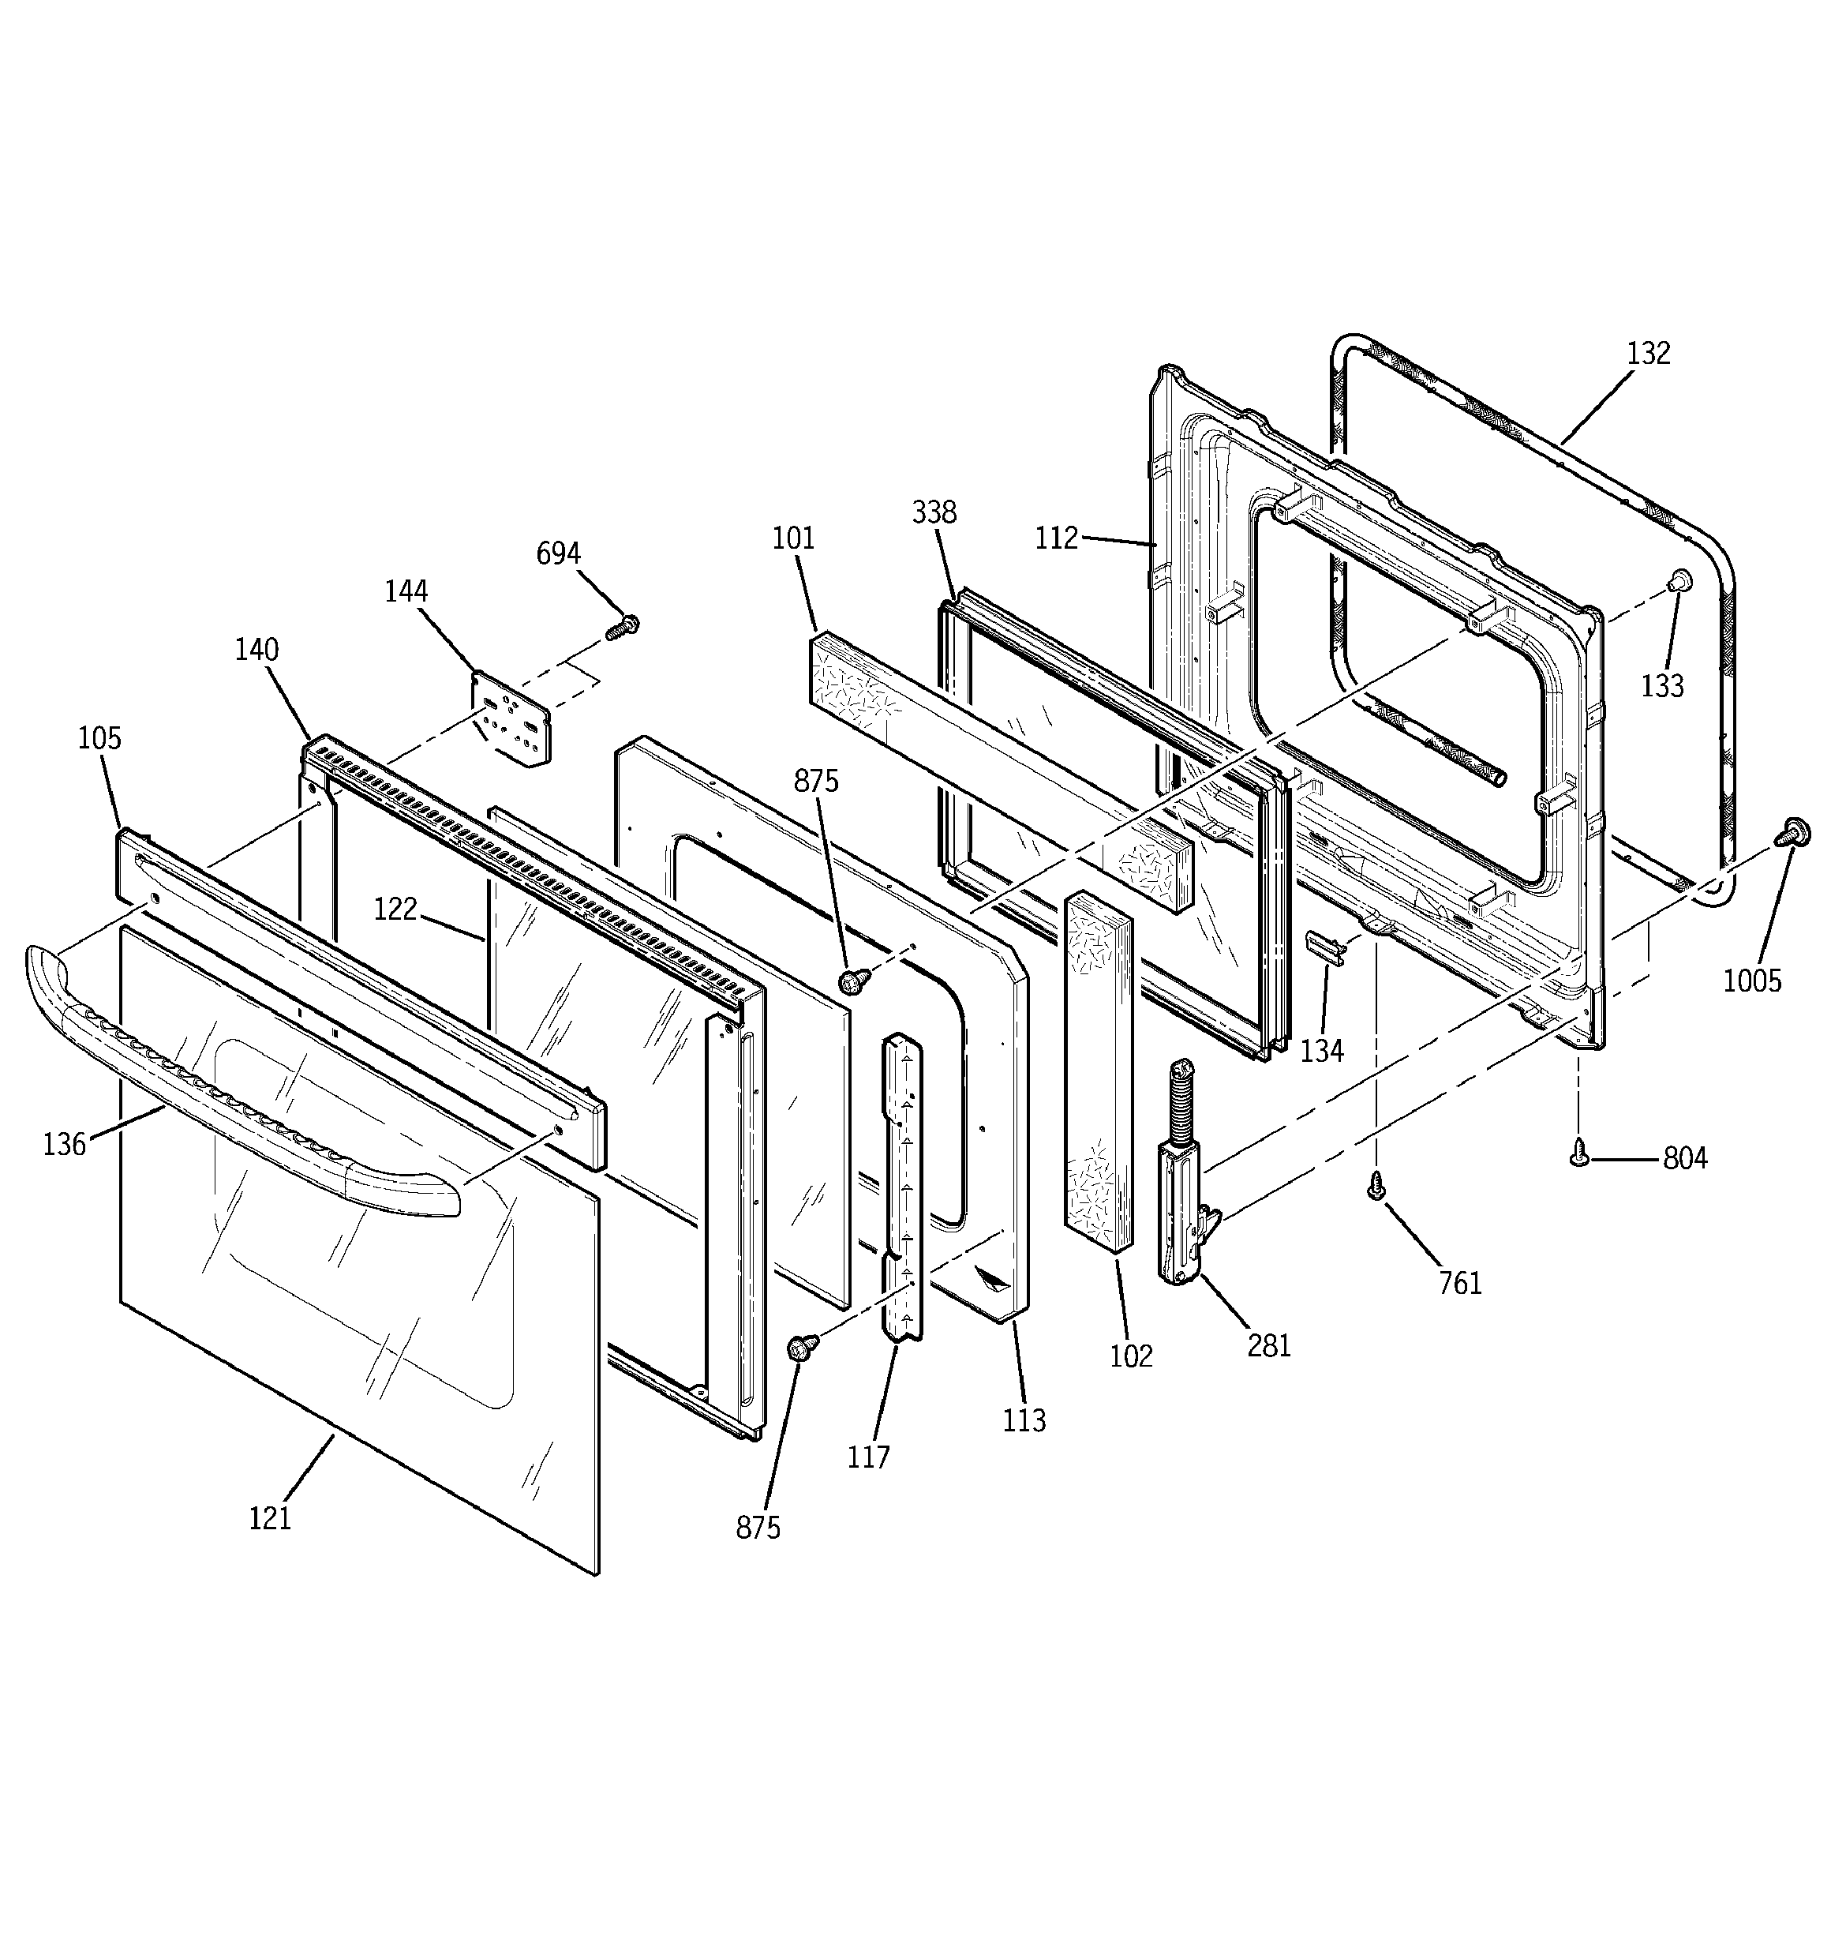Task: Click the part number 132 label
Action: tap(1648, 353)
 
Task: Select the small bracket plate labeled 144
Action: tap(512, 722)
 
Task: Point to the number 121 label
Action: tap(269, 1518)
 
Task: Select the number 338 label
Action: tap(934, 512)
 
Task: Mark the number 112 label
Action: tap(1057, 538)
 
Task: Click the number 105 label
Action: tap(99, 738)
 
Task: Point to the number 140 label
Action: tap(256, 650)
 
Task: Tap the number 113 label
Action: tap(1024, 1420)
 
